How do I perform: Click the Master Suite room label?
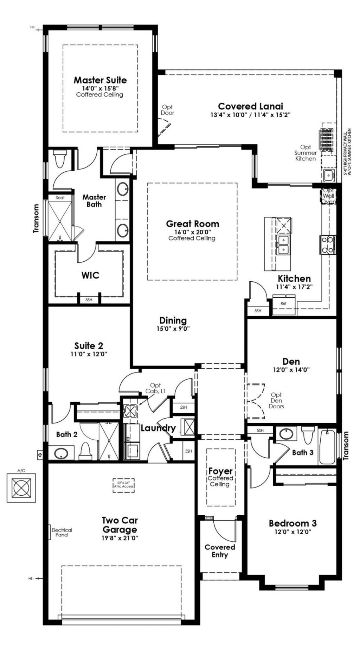tap(100, 80)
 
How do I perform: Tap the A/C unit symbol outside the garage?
tap(21, 488)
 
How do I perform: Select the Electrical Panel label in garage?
tap(62, 532)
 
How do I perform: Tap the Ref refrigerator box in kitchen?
tap(283, 303)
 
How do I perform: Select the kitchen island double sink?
tap(283, 245)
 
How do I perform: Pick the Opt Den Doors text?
tap(276, 401)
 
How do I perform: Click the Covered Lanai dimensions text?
tap(250, 115)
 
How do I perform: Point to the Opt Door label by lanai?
tap(167, 110)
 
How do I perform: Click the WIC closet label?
tap(90, 275)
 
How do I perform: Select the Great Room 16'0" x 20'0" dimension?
tap(193, 232)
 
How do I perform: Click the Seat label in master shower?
tap(60, 198)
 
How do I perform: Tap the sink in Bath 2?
tap(61, 453)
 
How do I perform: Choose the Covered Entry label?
tap(220, 551)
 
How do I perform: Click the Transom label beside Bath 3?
tap(346, 446)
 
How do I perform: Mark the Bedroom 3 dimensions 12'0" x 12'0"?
tap(293, 532)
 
